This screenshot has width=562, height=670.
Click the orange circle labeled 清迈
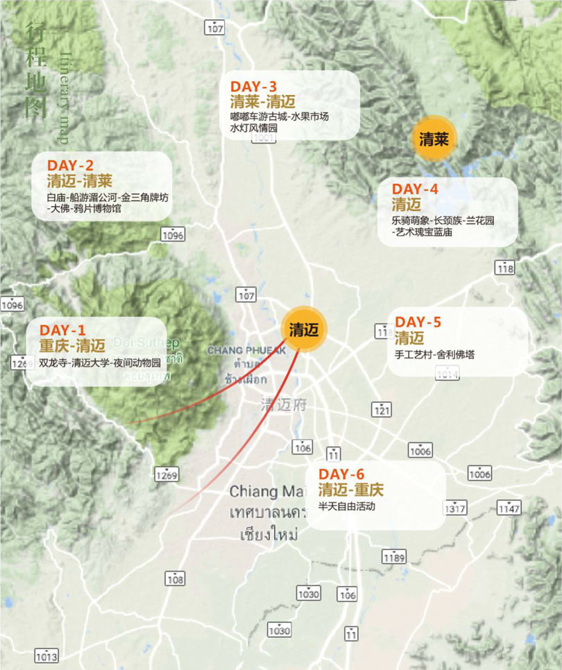(x=304, y=329)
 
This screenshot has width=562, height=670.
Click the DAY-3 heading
(x=254, y=86)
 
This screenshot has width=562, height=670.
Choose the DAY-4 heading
(x=415, y=189)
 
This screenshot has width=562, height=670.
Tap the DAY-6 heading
(x=341, y=474)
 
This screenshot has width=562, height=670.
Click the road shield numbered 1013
(x=46, y=654)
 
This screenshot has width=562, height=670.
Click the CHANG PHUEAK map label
(x=246, y=350)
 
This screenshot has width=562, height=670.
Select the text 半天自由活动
(x=346, y=506)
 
